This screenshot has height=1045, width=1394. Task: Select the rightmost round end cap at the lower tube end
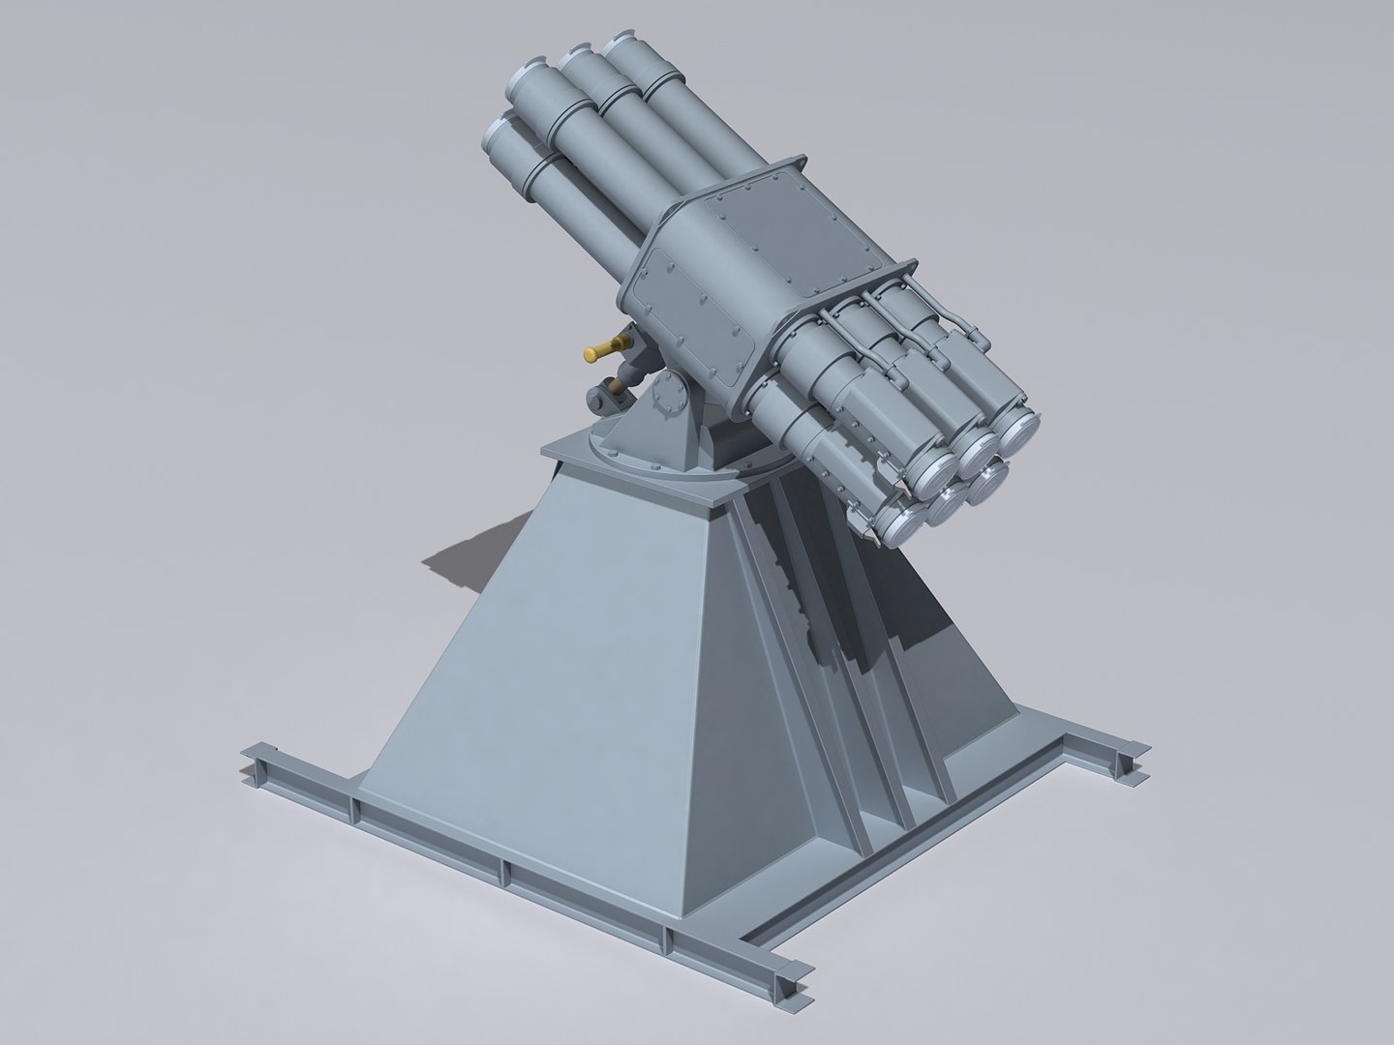(x=1016, y=426)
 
